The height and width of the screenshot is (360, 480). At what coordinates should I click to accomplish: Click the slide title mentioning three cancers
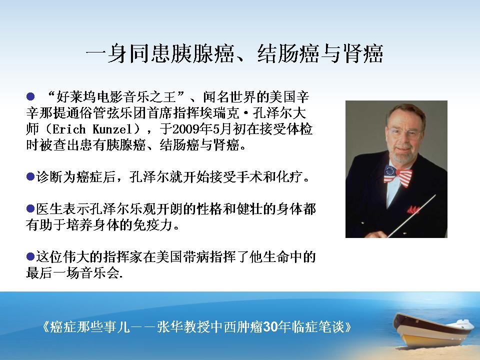pyautogui.click(x=234, y=54)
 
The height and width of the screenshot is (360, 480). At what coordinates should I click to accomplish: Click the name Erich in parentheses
pyautogui.click(x=69, y=129)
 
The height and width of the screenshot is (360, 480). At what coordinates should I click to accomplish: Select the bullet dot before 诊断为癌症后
pyautogui.click(x=30, y=176)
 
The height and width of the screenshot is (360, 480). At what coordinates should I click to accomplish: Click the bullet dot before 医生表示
pyautogui.click(x=30, y=208)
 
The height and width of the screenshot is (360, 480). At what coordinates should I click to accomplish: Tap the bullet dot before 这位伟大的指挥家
pyautogui.click(x=30, y=256)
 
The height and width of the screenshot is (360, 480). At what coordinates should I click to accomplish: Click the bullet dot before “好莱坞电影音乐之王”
pyautogui.click(x=30, y=97)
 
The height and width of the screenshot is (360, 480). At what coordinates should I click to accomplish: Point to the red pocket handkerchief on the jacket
pyautogui.click(x=413, y=210)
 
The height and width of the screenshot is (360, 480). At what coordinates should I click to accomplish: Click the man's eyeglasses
pyautogui.click(x=404, y=133)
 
